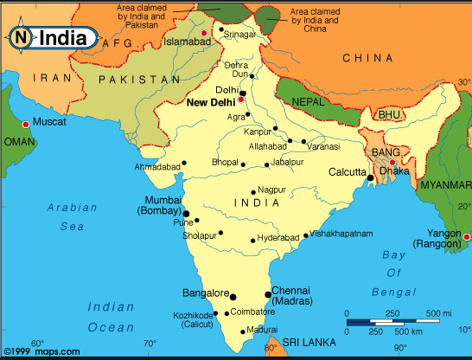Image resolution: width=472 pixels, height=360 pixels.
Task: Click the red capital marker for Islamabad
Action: tap(205, 34)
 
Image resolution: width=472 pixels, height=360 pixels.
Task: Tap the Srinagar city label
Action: tap(241, 35)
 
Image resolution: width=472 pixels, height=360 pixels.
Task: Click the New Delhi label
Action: tap(211, 102)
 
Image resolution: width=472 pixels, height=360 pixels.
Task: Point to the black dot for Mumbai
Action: tap(186, 212)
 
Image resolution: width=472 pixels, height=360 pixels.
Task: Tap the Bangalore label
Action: tap(203, 292)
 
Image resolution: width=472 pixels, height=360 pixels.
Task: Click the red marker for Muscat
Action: tap(26, 125)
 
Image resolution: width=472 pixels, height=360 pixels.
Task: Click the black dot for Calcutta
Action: tap(369, 178)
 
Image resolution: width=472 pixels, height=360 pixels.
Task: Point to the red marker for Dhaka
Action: tap(392, 162)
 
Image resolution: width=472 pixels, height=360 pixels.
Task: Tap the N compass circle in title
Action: tap(20, 37)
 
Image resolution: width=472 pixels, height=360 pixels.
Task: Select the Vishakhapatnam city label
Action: tap(342, 234)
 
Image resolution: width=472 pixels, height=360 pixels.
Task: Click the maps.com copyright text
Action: tap(41, 351)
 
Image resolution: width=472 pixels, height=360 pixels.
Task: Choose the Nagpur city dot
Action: tap(252, 192)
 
